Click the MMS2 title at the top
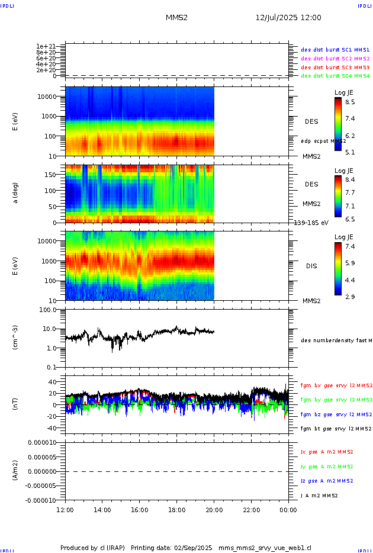click(x=176, y=18)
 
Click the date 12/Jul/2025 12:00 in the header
click(x=288, y=18)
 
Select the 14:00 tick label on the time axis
click(x=102, y=510)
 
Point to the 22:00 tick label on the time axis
click(x=251, y=510)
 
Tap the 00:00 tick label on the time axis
click(x=288, y=510)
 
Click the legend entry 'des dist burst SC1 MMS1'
click(x=335, y=50)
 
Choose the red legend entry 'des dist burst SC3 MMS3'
click(x=335, y=67)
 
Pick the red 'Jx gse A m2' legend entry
click(x=327, y=452)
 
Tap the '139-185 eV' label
click(x=311, y=223)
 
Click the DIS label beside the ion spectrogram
click(x=311, y=266)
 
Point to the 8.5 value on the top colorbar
click(x=350, y=102)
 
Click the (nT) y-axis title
click(x=16, y=405)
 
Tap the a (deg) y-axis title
click(x=16, y=193)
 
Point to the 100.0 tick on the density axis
click(x=47, y=310)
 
